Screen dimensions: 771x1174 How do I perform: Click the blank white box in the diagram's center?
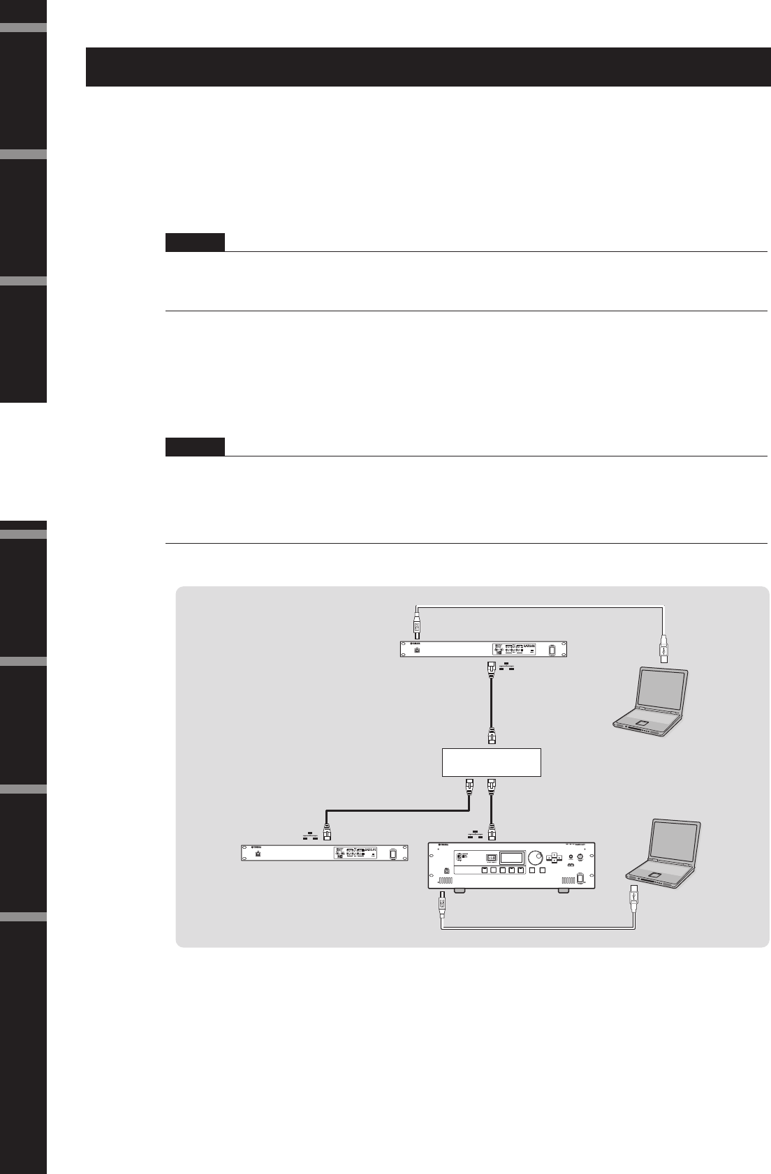(x=492, y=762)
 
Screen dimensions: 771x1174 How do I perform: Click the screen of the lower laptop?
(x=675, y=845)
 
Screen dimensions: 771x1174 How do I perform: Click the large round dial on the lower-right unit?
(x=536, y=857)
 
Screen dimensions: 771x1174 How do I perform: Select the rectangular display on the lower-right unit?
(x=515, y=858)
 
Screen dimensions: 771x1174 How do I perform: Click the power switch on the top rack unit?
(x=552, y=650)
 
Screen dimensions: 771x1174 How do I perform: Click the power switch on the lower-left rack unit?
(x=393, y=854)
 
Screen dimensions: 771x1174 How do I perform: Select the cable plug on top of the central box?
(x=492, y=736)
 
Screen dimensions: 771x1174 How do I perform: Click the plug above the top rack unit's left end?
(x=417, y=623)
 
